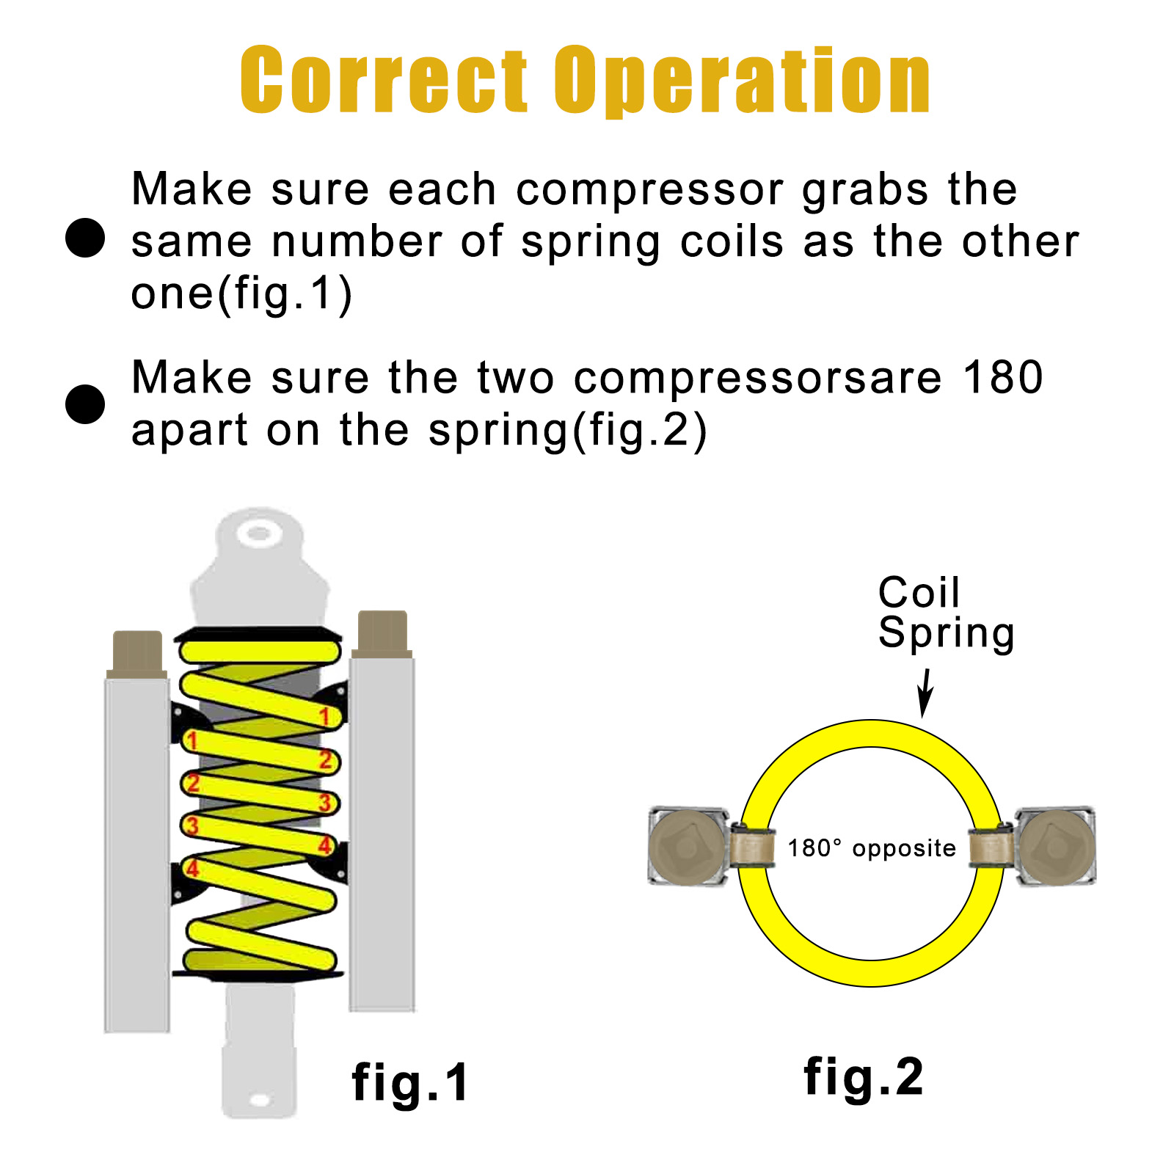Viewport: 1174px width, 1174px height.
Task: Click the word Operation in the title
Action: (742, 81)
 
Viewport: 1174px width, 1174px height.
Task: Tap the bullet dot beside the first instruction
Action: (85, 238)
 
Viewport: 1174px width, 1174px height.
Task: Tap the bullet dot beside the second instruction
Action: (85, 404)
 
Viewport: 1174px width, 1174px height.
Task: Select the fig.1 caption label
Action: (410, 1083)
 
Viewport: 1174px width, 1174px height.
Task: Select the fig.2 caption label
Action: (864, 1078)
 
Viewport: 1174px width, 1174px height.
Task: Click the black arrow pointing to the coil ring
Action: (925, 693)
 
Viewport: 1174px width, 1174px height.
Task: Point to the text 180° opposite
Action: (872, 848)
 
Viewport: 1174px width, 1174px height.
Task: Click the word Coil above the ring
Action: (919, 592)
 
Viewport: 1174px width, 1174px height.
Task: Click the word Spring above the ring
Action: (947, 632)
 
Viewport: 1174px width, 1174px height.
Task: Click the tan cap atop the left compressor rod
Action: (137, 651)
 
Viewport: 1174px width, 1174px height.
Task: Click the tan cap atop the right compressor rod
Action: (382, 631)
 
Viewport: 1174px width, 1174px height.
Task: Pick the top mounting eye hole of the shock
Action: (258, 533)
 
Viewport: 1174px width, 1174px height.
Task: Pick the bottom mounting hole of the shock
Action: (260, 1100)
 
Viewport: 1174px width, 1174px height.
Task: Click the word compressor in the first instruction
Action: (649, 190)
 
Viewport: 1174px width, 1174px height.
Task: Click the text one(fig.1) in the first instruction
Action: (241, 294)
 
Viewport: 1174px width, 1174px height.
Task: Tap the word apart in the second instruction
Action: (189, 431)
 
